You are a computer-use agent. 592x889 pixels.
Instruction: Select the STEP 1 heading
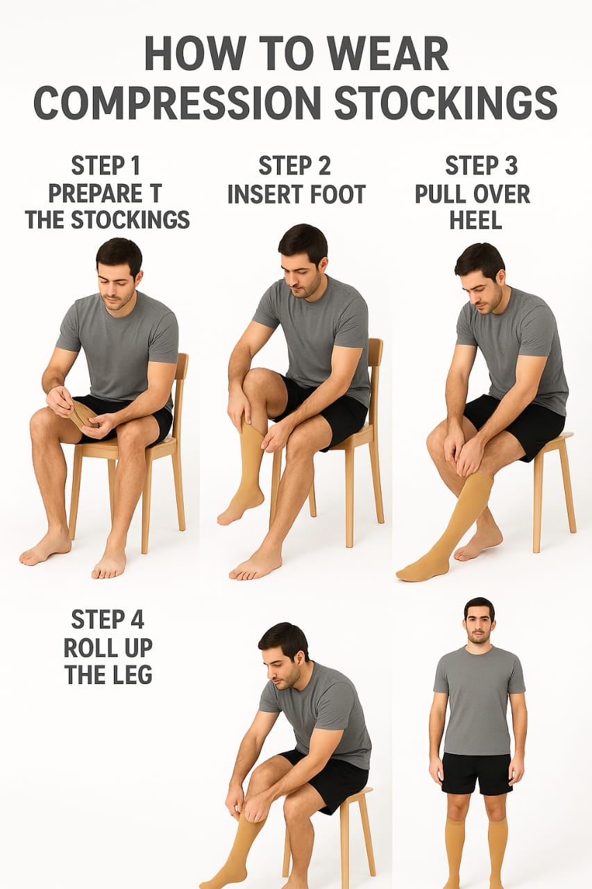pos(106,165)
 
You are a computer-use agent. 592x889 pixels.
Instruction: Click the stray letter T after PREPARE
pos(156,193)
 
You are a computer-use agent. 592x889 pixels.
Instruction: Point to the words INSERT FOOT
pos(296,194)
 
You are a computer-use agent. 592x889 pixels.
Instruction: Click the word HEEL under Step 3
pos(476,220)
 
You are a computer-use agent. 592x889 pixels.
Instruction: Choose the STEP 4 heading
pos(108,620)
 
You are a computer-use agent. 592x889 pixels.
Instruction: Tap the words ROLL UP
pos(108,648)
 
